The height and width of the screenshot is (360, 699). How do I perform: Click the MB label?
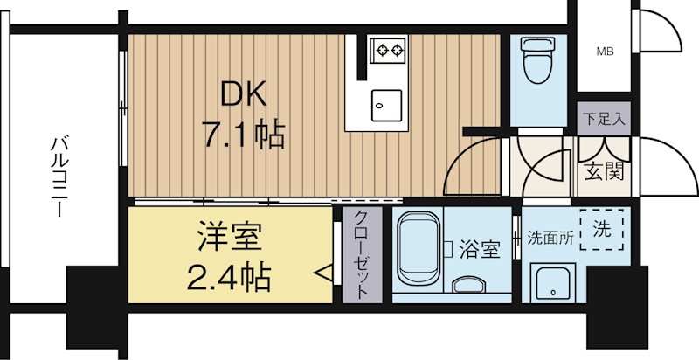coord(605,52)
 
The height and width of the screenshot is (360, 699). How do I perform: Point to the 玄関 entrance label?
coord(603,171)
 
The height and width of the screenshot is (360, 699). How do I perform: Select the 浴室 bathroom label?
coord(479,250)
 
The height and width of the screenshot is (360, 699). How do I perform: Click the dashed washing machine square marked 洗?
coord(602,231)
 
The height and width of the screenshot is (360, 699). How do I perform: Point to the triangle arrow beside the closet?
coord(322,274)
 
